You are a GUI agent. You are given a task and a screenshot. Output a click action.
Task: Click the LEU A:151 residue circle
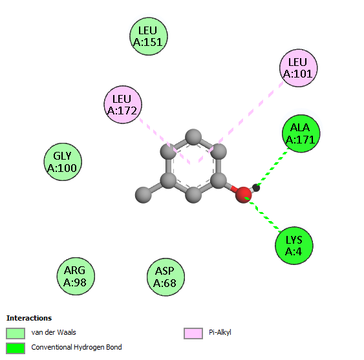pos(149,36)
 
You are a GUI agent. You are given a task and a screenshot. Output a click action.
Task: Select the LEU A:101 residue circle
pos(299,68)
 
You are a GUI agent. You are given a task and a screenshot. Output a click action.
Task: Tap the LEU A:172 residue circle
pos(123,105)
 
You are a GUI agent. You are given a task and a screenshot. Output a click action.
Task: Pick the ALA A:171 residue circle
pos(301,133)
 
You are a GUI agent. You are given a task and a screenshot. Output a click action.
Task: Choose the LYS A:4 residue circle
pos(294,246)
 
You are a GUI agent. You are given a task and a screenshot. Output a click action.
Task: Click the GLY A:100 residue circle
pos(63,162)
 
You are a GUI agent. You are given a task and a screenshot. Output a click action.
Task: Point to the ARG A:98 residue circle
pos(76,276)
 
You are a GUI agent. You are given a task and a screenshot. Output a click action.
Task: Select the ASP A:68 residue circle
pos(166,277)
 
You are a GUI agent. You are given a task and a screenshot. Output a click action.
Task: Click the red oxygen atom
pos(243,195)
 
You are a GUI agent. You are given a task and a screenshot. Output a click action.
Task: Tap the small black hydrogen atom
pos(256,187)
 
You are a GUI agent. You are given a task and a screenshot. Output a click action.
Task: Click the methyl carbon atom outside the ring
pos(144,195)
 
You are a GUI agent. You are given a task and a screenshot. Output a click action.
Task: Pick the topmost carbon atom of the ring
pos(193,137)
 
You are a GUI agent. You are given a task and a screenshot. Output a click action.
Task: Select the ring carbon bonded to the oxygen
pos(219,180)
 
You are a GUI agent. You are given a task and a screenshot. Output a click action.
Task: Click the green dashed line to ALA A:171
pos(274,166)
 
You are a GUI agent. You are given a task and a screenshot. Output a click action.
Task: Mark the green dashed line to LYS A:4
pos(264,214)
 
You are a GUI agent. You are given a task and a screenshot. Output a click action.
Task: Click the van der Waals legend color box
pos(16,334)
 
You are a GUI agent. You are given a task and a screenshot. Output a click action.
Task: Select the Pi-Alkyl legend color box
pos(193,334)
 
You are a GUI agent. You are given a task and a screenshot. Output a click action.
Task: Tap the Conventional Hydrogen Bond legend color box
pos(16,348)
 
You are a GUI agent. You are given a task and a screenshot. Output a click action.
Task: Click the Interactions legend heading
pos(29,318)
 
